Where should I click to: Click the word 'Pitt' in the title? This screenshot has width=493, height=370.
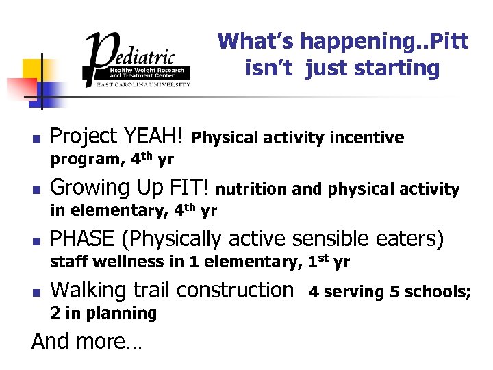click(446, 42)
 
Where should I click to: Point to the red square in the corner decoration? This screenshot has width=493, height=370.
click(20, 89)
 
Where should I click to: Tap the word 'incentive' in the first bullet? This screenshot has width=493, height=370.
click(367, 138)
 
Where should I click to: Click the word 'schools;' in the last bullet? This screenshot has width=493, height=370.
click(440, 292)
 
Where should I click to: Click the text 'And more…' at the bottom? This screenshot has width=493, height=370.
click(86, 341)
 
